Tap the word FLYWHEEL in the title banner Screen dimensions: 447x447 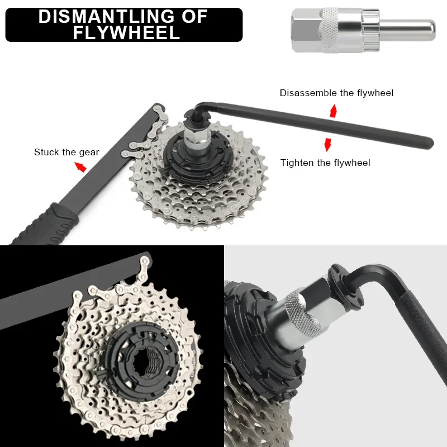tap(126, 32)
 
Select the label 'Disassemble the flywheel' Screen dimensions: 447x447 tap(336, 93)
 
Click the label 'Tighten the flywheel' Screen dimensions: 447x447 tap(325, 163)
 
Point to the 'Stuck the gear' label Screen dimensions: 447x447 tap(66, 152)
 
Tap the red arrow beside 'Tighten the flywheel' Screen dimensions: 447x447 tap(328, 145)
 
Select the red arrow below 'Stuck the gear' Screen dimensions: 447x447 tap(82, 167)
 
